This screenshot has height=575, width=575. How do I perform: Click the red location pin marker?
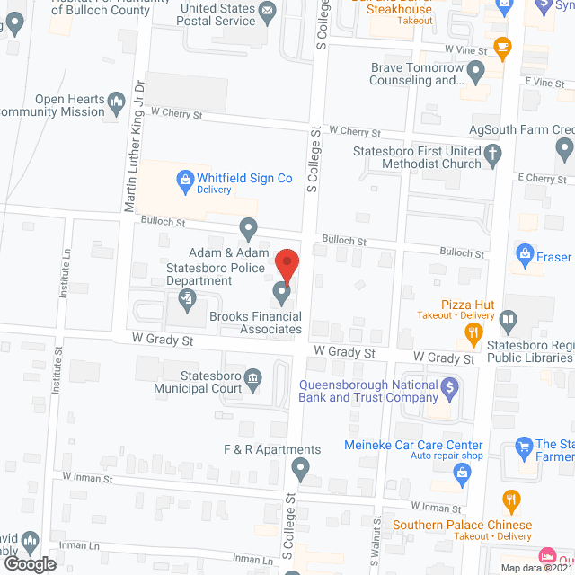(286, 266)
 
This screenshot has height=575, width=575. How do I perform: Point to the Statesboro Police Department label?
(216, 275)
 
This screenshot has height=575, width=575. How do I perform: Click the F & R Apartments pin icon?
(301, 467)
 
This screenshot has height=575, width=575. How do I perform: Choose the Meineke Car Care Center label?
(413, 445)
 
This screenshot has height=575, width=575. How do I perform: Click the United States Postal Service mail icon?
(268, 11)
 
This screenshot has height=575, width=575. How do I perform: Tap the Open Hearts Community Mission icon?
(116, 103)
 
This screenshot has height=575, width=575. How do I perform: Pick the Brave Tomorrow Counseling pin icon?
(475, 70)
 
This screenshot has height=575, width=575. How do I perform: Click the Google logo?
(30, 563)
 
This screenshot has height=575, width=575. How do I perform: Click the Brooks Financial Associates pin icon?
(281, 293)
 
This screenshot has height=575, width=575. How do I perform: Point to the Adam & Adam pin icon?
(248, 229)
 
